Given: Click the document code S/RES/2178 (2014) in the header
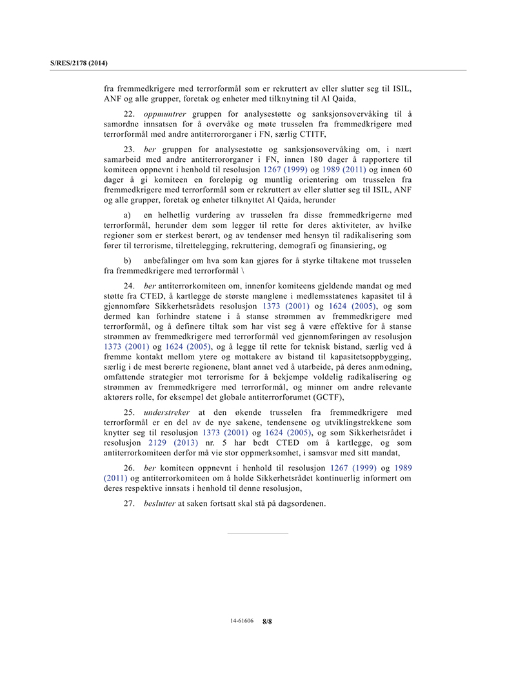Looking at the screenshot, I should [79, 63].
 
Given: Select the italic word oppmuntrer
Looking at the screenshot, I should [164, 114].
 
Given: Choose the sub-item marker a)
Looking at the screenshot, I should [127, 214].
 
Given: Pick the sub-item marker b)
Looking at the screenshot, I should [127, 261].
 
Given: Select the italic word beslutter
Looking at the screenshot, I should [159, 503].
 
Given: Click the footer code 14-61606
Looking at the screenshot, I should [242, 621].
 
